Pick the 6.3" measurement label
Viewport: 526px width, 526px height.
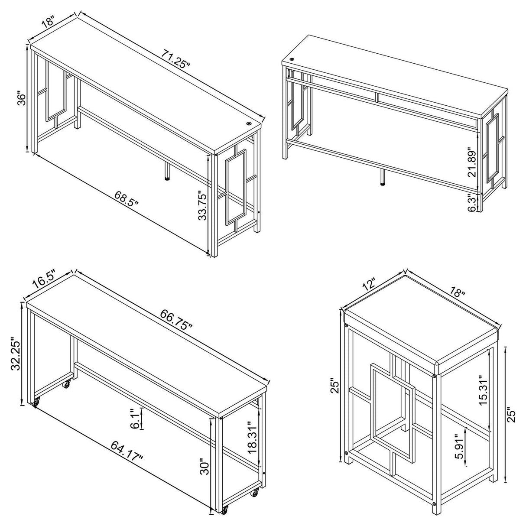pos(471,203)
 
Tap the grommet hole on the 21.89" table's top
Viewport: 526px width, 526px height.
pos(292,59)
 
